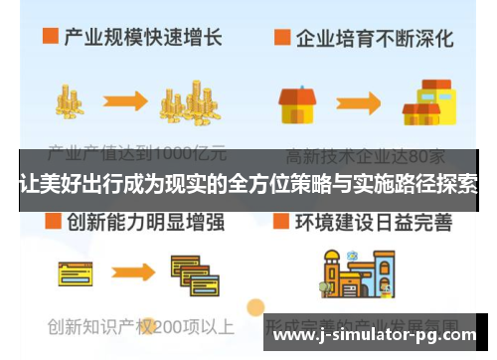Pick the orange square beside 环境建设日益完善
pos(282,221)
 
